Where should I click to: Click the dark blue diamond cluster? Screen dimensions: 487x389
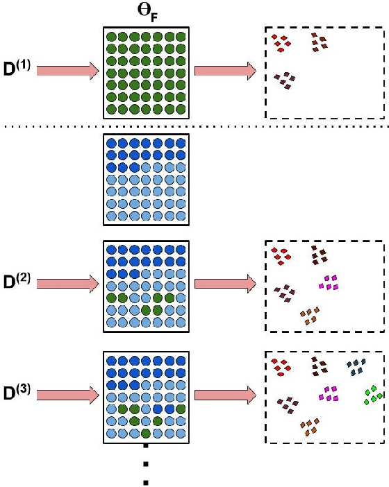(356, 366)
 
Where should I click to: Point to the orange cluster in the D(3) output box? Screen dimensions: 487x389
(310, 426)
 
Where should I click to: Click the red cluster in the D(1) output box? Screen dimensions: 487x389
(281, 43)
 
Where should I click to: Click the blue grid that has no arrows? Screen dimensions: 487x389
(144, 178)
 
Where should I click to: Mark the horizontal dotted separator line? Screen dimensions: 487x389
(194, 126)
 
